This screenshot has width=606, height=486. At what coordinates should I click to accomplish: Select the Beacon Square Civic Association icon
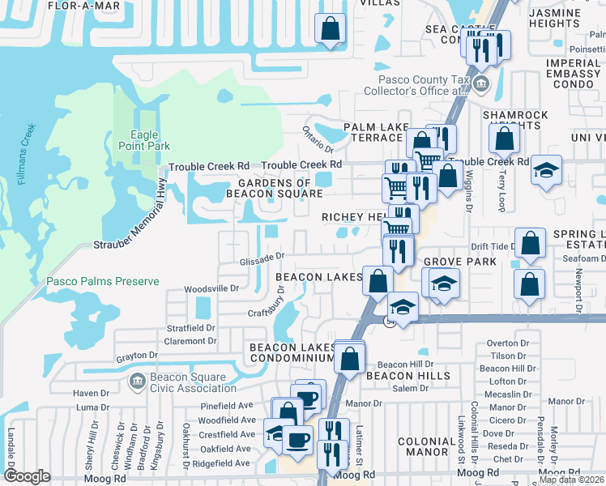pyautogui.click(x=137, y=380)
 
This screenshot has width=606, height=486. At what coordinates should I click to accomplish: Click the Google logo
pyautogui.click(x=27, y=475)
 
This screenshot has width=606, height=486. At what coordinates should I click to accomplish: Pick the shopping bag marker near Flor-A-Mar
pyautogui.click(x=331, y=31)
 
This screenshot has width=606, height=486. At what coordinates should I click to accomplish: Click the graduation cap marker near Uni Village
pyautogui.click(x=547, y=170)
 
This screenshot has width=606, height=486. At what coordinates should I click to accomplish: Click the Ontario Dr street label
pyautogui.click(x=318, y=139)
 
